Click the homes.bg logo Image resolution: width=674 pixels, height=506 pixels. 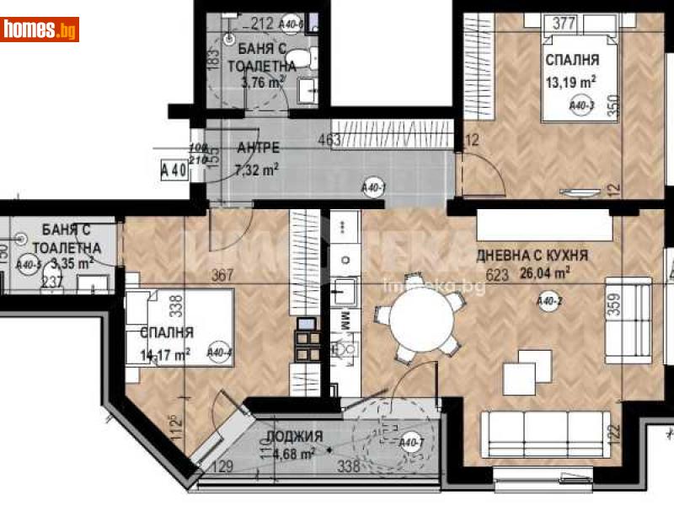[x=40, y=30]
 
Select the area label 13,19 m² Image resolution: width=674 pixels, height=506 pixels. [x=571, y=82]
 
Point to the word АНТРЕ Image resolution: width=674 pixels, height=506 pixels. [x=258, y=148]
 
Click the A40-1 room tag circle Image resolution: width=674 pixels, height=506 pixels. [x=372, y=187]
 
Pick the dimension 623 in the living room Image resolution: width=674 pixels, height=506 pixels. [x=497, y=274]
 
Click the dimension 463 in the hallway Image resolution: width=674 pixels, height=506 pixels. [x=329, y=140]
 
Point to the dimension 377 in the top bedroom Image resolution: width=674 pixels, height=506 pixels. [x=564, y=23]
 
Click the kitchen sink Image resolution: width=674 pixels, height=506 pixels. [x=343, y=293]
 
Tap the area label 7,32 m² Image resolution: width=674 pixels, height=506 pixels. [x=258, y=168]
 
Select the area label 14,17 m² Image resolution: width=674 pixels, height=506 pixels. [x=166, y=353]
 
